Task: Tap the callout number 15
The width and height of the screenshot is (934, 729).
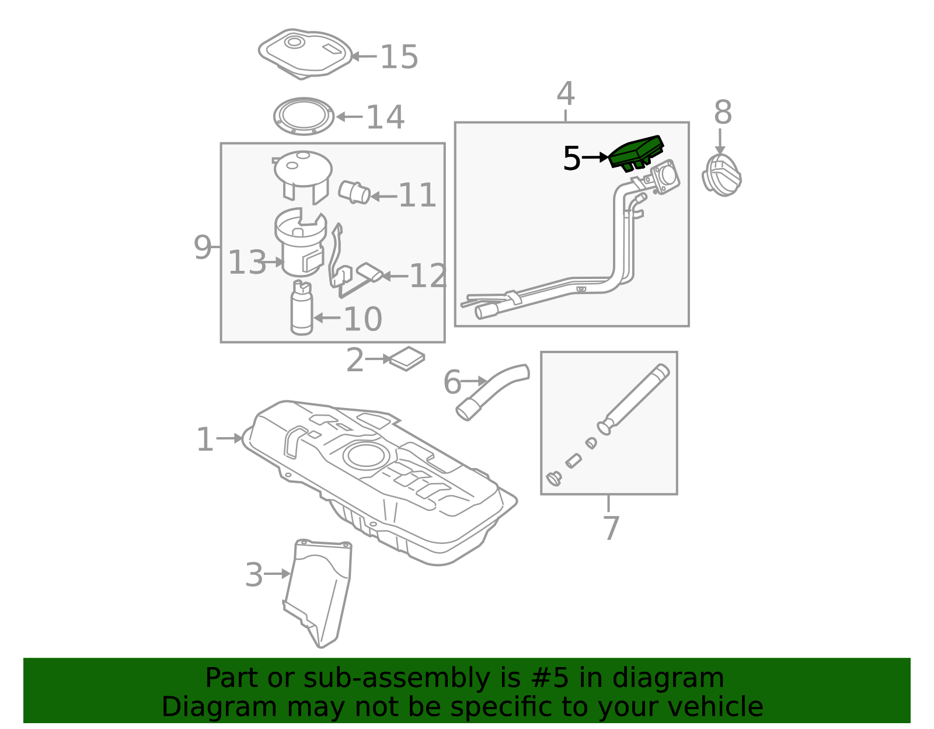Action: [x=399, y=57]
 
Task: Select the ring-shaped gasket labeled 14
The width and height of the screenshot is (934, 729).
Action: [x=304, y=116]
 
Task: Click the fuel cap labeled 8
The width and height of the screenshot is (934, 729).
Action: [x=722, y=176]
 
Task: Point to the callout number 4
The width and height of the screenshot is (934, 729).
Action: [x=566, y=93]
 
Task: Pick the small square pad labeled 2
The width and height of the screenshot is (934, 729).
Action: [x=407, y=359]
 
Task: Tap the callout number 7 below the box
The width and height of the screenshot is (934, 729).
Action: [x=611, y=528]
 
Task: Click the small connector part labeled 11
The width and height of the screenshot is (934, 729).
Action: [x=354, y=193]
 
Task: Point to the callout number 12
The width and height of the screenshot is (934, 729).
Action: [x=428, y=276]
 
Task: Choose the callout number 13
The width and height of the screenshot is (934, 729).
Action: [x=247, y=262]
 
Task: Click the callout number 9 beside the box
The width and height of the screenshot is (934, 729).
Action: [x=203, y=247]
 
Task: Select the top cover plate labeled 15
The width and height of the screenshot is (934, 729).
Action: [x=305, y=54]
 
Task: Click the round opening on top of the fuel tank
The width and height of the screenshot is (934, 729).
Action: [x=366, y=455]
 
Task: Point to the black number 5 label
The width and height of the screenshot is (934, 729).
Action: [x=571, y=158]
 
